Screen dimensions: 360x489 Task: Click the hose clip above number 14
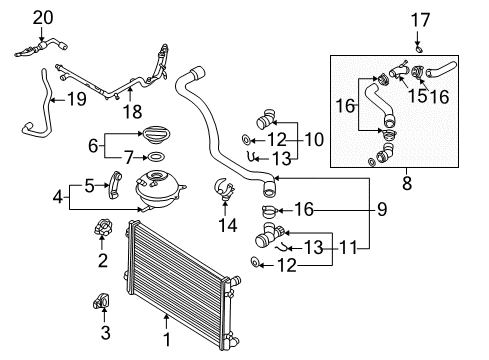pyautogui.click(x=223, y=186)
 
